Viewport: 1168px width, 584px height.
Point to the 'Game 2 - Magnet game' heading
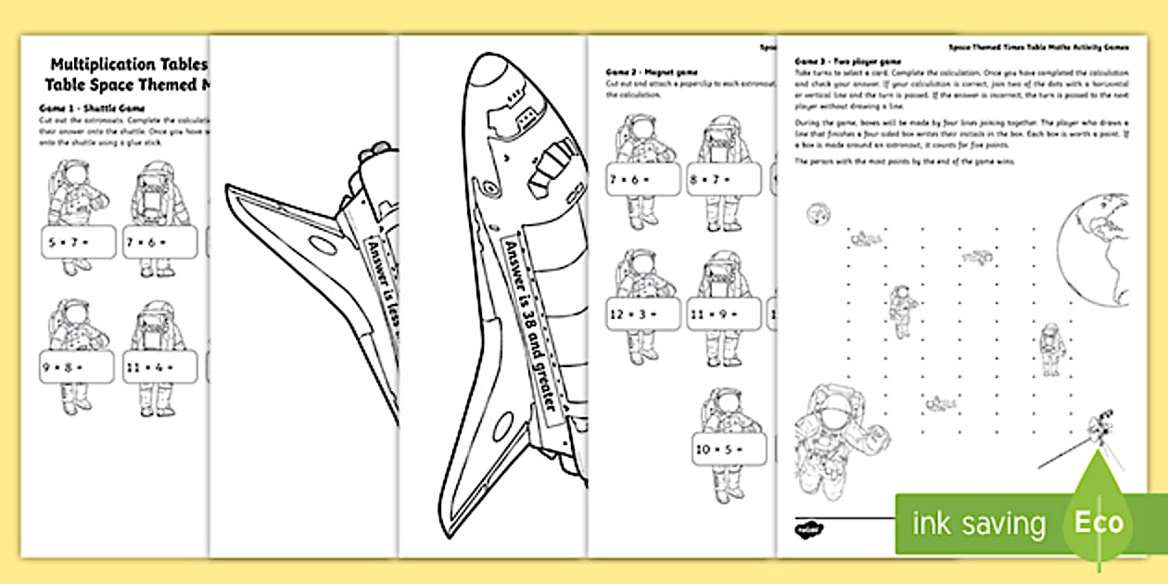click(x=652, y=71)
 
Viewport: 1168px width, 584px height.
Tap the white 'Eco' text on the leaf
click(x=1098, y=522)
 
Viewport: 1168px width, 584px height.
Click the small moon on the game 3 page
click(x=814, y=213)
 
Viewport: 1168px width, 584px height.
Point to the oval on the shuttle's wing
click(x=319, y=245)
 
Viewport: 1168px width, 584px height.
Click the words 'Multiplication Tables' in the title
click(x=129, y=65)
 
